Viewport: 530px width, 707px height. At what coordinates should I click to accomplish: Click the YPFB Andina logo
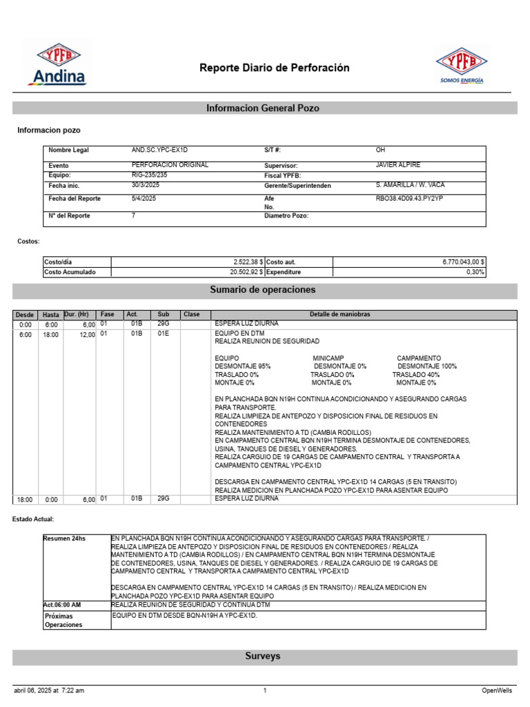[x=57, y=64]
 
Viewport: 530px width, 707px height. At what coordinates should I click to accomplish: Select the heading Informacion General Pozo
[x=263, y=108]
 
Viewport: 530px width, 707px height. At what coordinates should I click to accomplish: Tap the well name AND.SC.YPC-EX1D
[x=159, y=150]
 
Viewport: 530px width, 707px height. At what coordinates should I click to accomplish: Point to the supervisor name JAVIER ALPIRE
[x=398, y=165]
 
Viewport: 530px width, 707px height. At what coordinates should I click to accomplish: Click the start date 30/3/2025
[x=146, y=185]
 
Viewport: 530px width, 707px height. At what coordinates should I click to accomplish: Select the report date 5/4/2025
[x=144, y=199]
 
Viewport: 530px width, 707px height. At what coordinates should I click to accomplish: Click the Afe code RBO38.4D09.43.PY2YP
[x=409, y=199]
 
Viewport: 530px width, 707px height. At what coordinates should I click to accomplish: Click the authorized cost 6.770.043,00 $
[x=463, y=262]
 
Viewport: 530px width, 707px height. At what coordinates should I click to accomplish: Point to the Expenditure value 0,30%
[x=475, y=272]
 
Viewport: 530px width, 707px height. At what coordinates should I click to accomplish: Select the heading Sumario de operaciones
[x=263, y=289]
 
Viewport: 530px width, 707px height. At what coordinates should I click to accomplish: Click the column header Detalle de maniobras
[x=340, y=315]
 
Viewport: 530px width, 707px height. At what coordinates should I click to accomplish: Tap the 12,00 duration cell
[x=86, y=335]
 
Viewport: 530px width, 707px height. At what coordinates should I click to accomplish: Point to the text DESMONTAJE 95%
[x=243, y=366]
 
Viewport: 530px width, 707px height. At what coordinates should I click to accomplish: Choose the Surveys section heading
[x=263, y=656]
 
